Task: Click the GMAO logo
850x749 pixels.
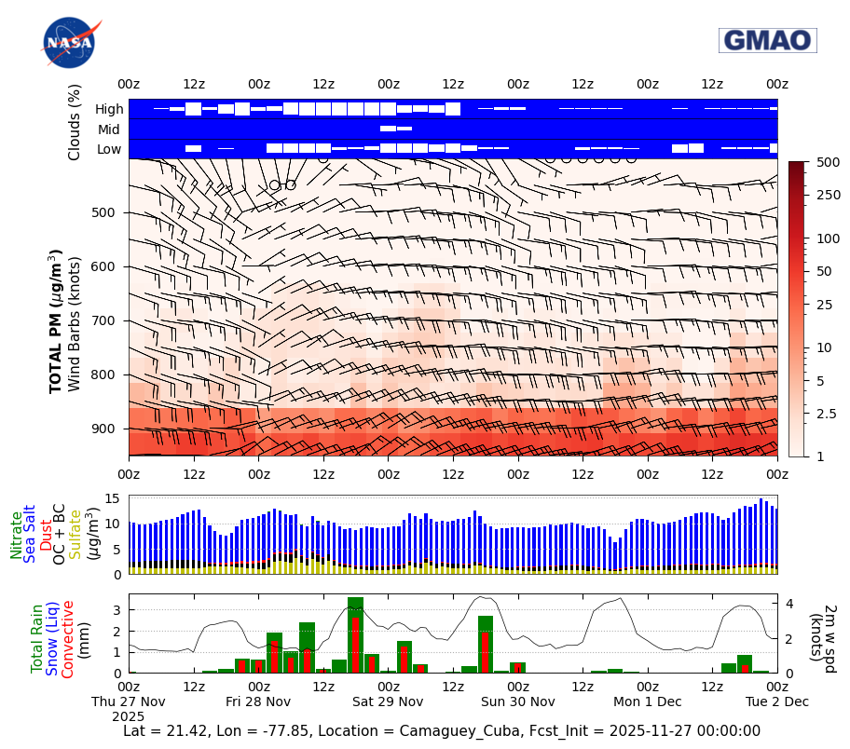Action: (x=767, y=40)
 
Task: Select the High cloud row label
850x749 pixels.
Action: (x=109, y=109)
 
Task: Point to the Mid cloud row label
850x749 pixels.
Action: (x=109, y=129)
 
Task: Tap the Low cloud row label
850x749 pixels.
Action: (x=109, y=149)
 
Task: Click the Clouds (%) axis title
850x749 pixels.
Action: (x=75, y=122)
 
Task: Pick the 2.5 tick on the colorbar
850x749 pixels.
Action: (x=827, y=414)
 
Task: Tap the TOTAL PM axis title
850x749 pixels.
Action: (x=56, y=321)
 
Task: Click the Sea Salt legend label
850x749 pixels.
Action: (x=30, y=533)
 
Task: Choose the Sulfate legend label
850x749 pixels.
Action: (x=75, y=533)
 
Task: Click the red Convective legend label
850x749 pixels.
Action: (x=67, y=639)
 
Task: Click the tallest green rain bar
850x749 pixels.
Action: (x=355, y=634)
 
